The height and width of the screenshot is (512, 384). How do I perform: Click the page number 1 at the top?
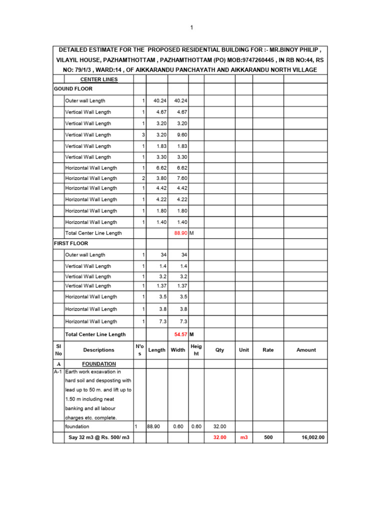click(x=191, y=27)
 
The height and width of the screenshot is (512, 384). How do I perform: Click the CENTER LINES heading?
click(x=99, y=79)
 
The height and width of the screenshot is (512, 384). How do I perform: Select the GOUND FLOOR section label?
click(x=73, y=88)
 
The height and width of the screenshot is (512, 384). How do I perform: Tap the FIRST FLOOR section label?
click(x=71, y=243)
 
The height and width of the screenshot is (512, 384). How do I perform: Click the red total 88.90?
click(x=180, y=233)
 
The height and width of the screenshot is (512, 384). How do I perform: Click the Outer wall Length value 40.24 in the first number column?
click(x=159, y=100)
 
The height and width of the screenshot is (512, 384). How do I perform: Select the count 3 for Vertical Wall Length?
click(x=143, y=134)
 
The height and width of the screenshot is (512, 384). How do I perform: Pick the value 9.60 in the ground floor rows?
click(x=180, y=134)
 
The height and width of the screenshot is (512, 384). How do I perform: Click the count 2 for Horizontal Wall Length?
click(x=143, y=178)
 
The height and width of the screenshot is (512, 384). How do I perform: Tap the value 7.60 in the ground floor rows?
click(x=180, y=178)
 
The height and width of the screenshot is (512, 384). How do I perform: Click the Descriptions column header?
click(x=98, y=350)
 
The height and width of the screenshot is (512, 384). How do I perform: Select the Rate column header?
click(x=268, y=350)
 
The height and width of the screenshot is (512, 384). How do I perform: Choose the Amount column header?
click(x=306, y=350)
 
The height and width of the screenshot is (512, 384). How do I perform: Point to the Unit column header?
click(x=244, y=350)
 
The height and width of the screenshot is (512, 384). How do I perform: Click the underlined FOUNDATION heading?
click(x=99, y=364)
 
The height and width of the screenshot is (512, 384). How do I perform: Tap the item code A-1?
click(x=58, y=372)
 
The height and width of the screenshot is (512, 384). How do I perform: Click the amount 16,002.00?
click(x=313, y=437)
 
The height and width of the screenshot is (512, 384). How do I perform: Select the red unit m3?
click(x=244, y=437)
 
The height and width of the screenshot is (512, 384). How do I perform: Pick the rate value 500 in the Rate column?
click(x=268, y=437)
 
